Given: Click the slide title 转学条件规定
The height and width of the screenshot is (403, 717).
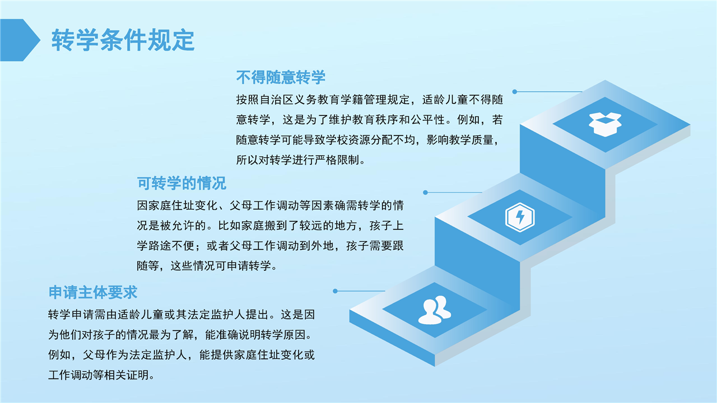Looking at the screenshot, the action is [123, 40].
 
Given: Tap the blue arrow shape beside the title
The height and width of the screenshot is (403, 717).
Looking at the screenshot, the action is [20, 40].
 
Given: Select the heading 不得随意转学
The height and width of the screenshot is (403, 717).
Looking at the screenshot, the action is [281, 77].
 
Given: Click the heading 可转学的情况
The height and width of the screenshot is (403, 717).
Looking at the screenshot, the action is [181, 183].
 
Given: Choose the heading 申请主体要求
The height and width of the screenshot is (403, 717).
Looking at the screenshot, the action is [93, 292].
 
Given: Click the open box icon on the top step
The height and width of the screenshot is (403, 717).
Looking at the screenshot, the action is [605, 124].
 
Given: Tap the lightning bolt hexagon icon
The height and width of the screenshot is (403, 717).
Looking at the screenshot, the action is [520, 217].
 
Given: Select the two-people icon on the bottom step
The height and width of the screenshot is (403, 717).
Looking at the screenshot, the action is [435, 310].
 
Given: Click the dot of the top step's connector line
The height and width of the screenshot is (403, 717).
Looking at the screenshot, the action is [515, 92].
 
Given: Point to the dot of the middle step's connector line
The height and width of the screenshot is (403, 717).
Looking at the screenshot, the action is [425, 193].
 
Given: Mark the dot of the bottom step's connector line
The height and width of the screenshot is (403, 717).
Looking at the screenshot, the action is [335, 291].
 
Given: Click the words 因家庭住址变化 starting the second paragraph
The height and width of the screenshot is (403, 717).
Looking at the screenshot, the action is [177, 205].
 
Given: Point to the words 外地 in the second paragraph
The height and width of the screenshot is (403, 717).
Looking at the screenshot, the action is [323, 246].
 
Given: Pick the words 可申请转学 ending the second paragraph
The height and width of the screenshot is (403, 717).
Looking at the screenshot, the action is [243, 266].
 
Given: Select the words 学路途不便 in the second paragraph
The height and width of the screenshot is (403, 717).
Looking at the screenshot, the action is [166, 246].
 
